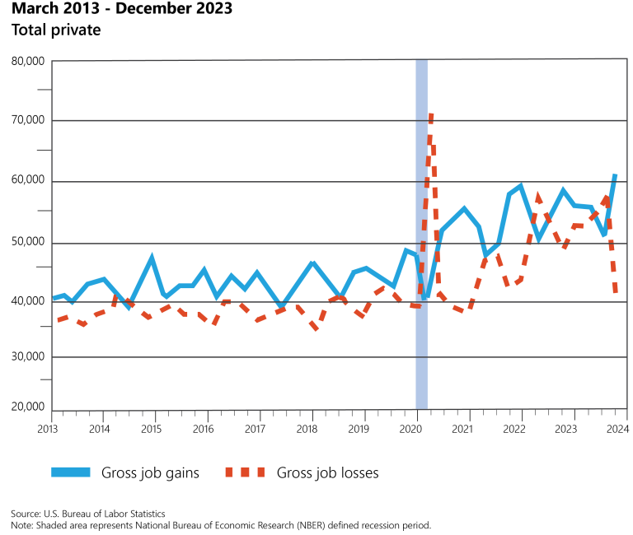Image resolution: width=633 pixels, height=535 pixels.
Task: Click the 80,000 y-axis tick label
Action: click(27, 62)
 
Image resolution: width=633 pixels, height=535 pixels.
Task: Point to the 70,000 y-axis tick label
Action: click(27, 120)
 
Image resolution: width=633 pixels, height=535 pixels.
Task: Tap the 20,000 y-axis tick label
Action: click(27, 407)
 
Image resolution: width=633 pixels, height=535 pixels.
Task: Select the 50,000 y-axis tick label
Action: click(27, 243)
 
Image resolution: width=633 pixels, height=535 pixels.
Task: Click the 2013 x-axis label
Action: click(48, 429)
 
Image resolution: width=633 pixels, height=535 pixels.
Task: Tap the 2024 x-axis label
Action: click(617, 429)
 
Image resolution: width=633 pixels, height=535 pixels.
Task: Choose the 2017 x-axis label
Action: click(256, 429)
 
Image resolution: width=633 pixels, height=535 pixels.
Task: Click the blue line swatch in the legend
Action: click(70, 472)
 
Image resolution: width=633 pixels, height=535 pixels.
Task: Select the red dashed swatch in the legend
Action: click(244, 472)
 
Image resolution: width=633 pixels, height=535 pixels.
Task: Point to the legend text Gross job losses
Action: click(327, 472)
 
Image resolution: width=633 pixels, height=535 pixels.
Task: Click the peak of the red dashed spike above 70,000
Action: click(430, 116)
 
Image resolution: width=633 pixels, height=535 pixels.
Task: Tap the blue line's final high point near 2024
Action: click(615, 175)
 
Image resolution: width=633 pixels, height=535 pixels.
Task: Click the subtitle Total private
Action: click(55, 30)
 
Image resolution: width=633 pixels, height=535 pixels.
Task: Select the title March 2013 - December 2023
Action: click(121, 10)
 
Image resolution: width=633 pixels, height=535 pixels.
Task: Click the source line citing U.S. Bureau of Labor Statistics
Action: click(88, 513)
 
